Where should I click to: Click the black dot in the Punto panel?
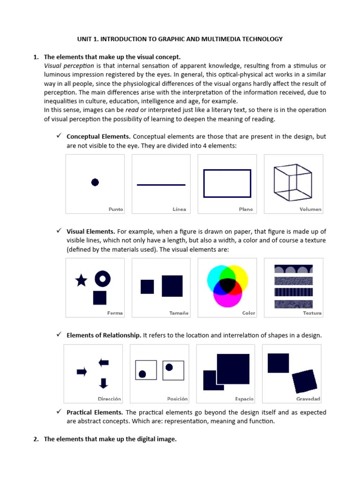point(95,182)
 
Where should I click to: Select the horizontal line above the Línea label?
point(161,185)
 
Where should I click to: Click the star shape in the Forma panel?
point(81,280)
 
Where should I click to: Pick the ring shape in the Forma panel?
point(103,279)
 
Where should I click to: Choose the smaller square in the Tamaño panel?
point(147,286)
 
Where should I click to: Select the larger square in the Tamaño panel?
point(172,286)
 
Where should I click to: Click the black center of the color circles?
point(227,284)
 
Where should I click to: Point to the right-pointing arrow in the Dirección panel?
point(82,372)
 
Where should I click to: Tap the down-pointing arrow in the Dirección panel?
point(104,383)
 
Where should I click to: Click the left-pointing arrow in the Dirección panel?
point(104,362)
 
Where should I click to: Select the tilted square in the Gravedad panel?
point(305,381)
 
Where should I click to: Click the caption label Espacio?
point(244,399)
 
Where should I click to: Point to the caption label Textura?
point(312,313)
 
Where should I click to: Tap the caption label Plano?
point(246,210)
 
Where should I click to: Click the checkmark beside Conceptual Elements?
point(59,136)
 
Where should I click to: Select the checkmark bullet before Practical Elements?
point(59,412)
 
